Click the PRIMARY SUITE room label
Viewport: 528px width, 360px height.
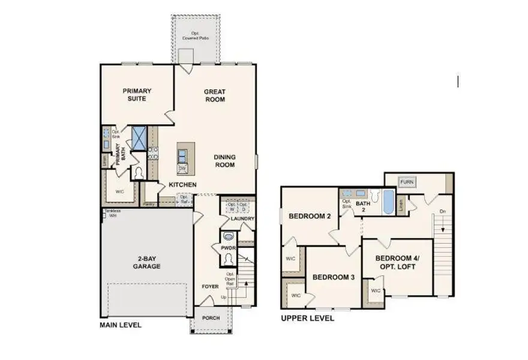[x=137, y=95]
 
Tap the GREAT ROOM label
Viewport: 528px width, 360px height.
[x=214, y=95]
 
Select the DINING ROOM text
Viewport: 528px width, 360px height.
[x=224, y=161]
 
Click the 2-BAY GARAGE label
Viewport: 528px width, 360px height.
[x=146, y=262]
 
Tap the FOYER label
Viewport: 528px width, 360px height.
[x=209, y=287]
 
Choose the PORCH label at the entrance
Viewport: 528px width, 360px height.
[x=210, y=318]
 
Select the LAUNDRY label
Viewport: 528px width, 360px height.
[x=242, y=219]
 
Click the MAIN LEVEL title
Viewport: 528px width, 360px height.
[x=121, y=325]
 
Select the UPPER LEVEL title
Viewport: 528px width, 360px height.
[x=307, y=319]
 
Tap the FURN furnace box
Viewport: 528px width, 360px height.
[x=407, y=182]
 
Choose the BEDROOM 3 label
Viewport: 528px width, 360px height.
[x=333, y=277]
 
